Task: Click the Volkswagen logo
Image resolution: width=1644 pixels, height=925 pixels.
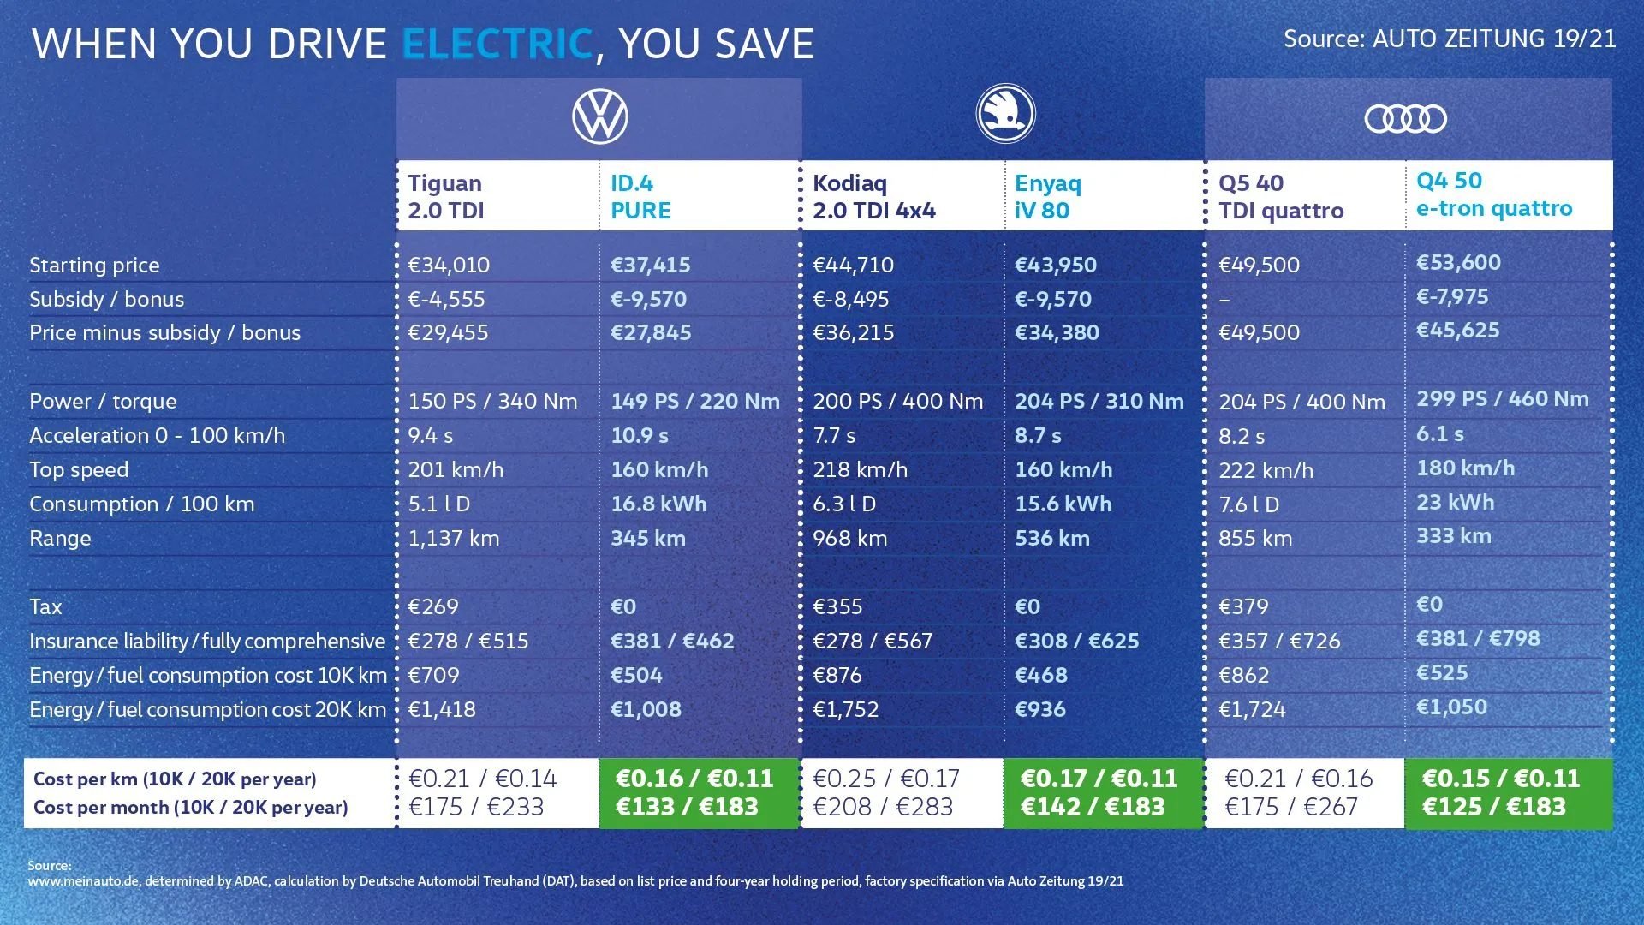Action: [599, 117]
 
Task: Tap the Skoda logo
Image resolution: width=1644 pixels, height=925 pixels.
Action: [1005, 114]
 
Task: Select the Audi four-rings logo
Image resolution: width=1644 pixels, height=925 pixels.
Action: [1405, 119]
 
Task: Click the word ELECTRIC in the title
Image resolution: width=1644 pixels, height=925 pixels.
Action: [497, 45]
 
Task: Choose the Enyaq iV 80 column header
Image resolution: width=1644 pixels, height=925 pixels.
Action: [1047, 196]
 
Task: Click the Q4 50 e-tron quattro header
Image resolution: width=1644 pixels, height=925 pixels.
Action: [1493, 194]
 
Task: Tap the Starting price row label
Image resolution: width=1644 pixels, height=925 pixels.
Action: [94, 266]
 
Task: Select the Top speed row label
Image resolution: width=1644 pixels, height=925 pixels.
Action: [79, 470]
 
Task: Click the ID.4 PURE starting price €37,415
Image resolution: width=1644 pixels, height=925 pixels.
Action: [650, 265]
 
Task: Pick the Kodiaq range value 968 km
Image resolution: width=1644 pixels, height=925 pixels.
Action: [849, 539]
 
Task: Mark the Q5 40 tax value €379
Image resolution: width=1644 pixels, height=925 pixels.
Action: [1243, 607]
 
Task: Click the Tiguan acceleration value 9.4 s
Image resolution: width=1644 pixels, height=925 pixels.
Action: [430, 436]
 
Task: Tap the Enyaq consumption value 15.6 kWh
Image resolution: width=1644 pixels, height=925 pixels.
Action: [1063, 504]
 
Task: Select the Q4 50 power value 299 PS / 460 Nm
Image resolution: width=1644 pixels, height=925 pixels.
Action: [1502, 399]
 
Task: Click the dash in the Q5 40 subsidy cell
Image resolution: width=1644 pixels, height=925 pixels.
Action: [1224, 300]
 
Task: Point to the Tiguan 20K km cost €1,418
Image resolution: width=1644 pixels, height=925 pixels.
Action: [441, 710]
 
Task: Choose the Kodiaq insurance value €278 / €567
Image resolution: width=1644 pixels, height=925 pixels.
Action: [872, 642]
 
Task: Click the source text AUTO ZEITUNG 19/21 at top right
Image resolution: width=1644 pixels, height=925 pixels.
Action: [1493, 39]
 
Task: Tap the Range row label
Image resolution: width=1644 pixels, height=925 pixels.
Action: [60, 539]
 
